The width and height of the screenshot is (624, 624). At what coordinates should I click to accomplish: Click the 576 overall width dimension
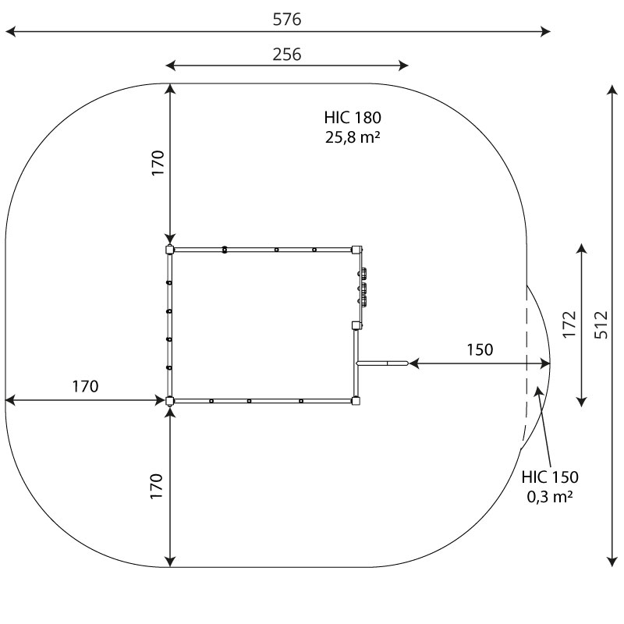287,19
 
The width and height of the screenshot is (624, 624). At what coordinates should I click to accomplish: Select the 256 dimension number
287,54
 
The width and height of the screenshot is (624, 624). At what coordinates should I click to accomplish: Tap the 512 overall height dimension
601,325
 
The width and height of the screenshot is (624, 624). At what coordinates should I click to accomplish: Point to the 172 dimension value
569,324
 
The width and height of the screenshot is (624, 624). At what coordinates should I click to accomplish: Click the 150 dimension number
480,349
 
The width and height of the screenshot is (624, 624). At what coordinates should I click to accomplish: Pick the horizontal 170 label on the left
85,386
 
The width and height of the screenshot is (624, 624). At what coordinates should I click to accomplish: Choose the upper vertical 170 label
158,163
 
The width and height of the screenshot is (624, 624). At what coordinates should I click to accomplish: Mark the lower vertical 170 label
157,486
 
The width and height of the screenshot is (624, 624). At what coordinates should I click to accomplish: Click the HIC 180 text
353,118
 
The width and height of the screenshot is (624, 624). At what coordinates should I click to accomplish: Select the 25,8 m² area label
353,137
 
